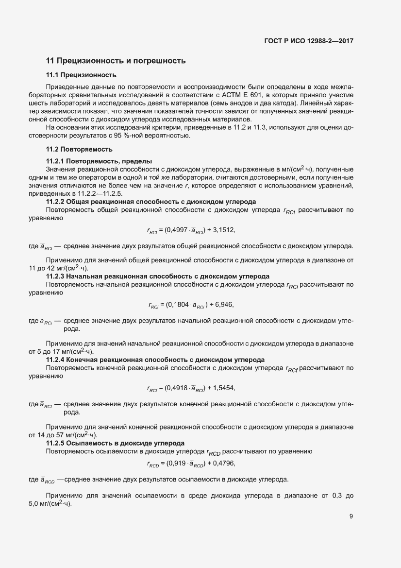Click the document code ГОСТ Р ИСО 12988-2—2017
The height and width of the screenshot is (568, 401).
pyautogui.click(x=308, y=41)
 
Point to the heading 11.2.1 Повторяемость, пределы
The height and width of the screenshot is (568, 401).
pyautogui.click(x=99, y=160)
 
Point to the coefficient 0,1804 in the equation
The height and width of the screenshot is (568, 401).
pyautogui.click(x=179, y=305)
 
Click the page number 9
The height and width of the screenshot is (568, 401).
pyautogui.click(x=351, y=516)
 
